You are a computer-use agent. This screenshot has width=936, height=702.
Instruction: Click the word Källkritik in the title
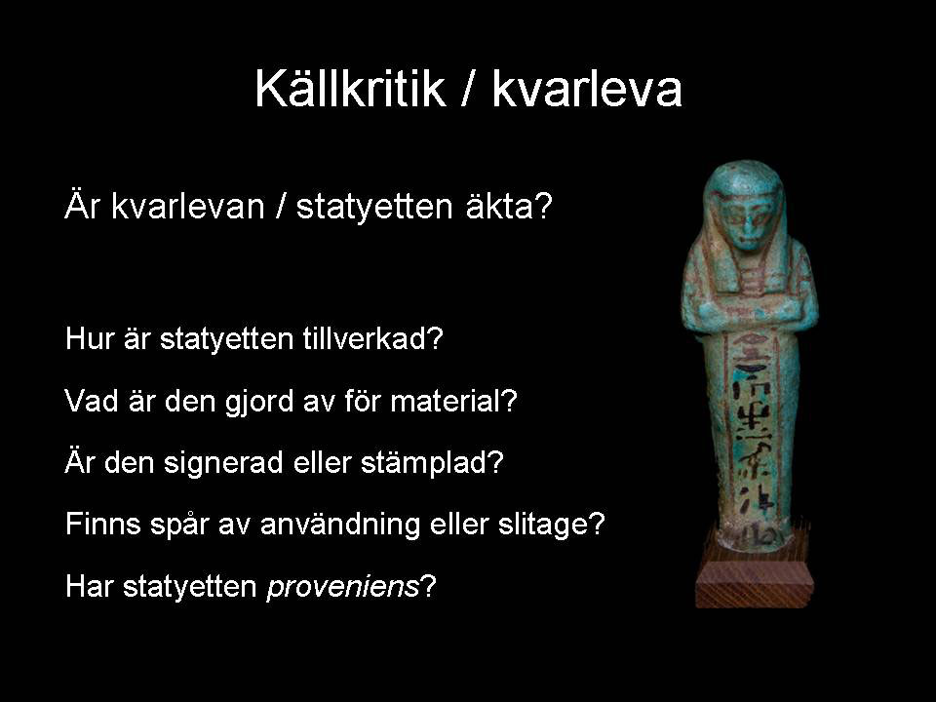pos(350,88)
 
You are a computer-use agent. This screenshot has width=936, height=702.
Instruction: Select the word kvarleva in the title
pos(587,88)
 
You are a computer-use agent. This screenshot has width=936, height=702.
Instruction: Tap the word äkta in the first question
pos(501,207)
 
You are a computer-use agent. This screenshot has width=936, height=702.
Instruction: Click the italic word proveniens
pos(342,587)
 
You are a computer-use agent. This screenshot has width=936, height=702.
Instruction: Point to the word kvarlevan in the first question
pos(187,207)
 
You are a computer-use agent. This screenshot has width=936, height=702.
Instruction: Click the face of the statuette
pos(748,219)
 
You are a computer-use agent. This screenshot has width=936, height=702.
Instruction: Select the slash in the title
pos(469,89)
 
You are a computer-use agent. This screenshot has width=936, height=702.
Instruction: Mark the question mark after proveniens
pos(429,586)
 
